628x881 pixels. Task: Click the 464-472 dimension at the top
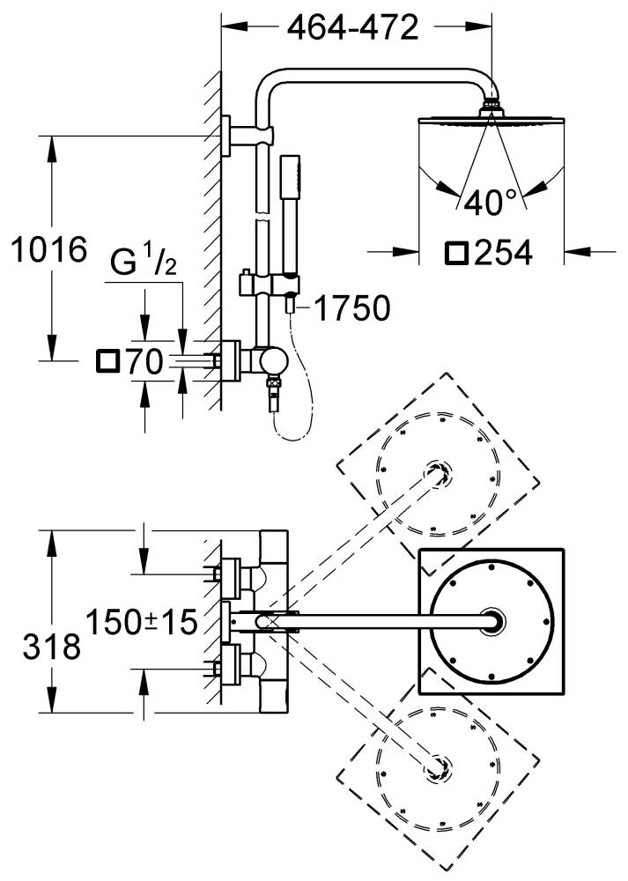[x=353, y=27]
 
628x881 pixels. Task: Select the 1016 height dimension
[x=49, y=249]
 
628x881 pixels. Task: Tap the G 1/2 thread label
[x=144, y=262]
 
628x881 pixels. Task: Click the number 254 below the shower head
[x=503, y=253]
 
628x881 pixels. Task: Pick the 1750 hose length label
[x=351, y=307]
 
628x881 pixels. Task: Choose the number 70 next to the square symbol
[x=144, y=361]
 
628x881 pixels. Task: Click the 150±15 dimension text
[x=142, y=622]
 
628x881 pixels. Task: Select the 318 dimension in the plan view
[x=52, y=648]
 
